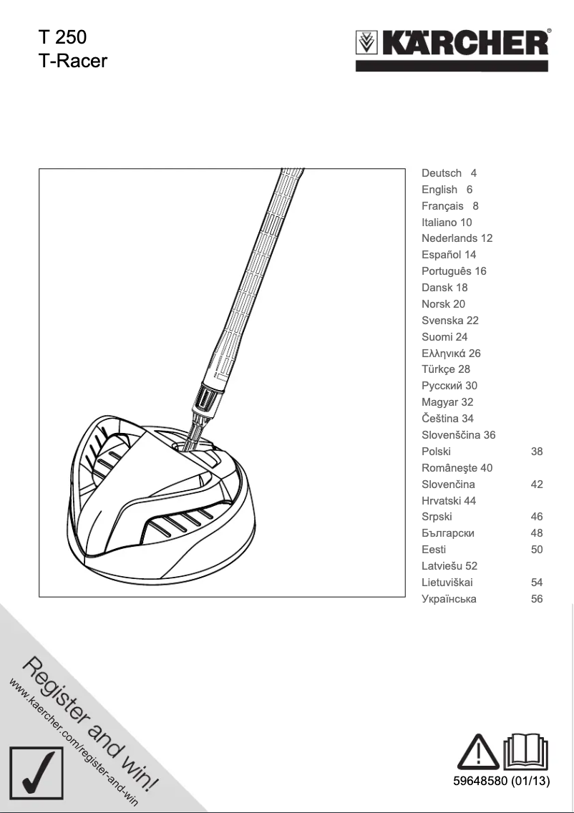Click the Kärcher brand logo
click(x=453, y=44)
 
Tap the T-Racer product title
click(x=72, y=60)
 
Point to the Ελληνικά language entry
click(x=451, y=354)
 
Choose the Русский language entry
click(x=449, y=386)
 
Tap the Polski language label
click(x=436, y=452)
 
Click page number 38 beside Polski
click(x=537, y=452)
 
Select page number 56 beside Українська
click(x=537, y=599)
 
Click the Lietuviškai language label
click(x=447, y=583)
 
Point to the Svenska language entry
click(x=450, y=321)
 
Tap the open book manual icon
click(x=526, y=749)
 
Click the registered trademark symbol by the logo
click(x=549, y=31)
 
